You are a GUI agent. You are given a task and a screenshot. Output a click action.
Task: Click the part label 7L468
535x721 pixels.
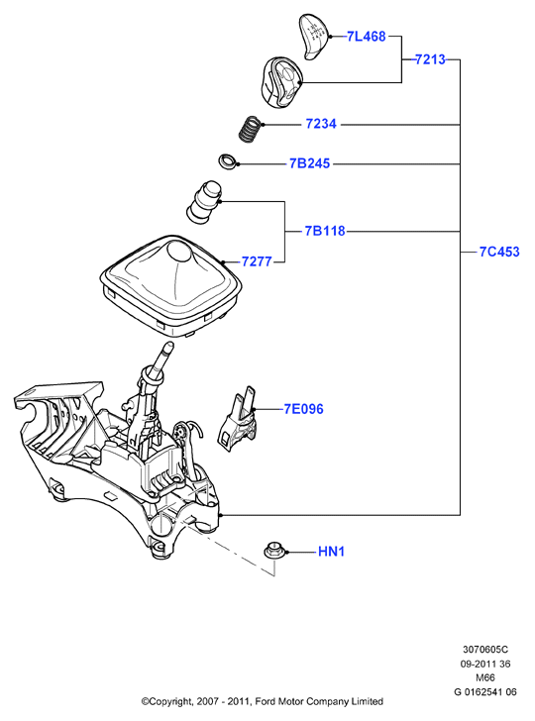367,37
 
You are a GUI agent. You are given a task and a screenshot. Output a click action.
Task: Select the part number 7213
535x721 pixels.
430,59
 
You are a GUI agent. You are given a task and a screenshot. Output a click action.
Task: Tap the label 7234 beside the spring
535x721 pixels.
321,124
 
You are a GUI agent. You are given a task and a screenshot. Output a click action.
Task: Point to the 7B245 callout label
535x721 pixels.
309,163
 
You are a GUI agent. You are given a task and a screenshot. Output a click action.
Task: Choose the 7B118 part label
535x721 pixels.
325,231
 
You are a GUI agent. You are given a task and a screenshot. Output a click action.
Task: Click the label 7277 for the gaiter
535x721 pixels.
257,261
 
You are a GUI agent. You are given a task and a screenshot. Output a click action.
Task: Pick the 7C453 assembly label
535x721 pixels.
499,252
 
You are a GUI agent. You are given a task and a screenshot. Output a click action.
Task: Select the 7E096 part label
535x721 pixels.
303,409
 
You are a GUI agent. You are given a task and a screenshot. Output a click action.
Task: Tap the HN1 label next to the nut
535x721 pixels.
331,552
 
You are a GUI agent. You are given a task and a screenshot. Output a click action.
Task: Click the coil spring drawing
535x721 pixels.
251,129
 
